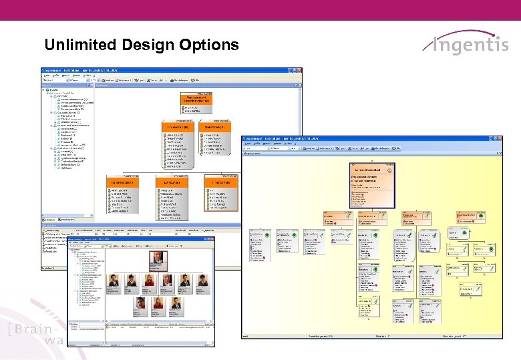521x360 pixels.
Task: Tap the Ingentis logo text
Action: tap(470, 45)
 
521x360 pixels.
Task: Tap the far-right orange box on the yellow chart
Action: tap(468, 218)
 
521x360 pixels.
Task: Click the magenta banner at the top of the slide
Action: tap(260, 10)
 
